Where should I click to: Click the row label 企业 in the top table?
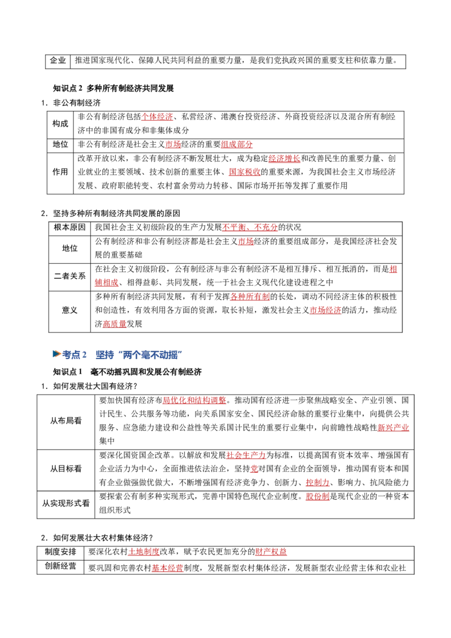(58, 61)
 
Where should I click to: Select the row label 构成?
(60, 123)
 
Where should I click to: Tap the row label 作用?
(60, 172)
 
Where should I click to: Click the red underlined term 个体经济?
(157, 117)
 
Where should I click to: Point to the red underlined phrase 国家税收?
(244, 172)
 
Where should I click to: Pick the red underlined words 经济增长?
(284, 158)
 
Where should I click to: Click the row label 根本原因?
(69, 227)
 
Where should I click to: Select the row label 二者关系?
(69, 276)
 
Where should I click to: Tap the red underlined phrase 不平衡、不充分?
(250, 227)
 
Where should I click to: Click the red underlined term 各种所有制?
(250, 296)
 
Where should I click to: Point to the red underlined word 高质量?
(114, 324)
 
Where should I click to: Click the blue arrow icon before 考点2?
(56, 354)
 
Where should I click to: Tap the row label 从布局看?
(65, 420)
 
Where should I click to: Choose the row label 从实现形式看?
(65, 503)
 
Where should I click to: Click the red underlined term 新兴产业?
(393, 428)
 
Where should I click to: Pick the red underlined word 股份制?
(317, 497)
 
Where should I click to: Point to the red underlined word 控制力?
(317, 482)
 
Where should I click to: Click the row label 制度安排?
(61, 552)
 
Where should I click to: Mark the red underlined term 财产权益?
(271, 552)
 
